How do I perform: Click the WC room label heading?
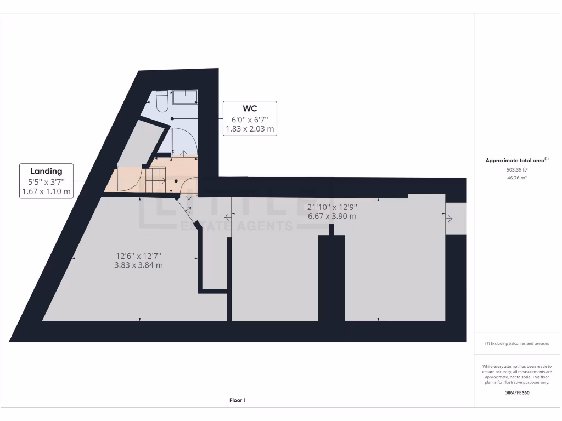250,109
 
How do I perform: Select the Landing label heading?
46,171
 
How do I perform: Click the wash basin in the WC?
186,97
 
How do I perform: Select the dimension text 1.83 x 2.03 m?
250,129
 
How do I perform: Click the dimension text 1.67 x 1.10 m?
46,191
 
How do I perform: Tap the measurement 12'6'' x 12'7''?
139,255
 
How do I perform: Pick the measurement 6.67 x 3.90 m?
332,216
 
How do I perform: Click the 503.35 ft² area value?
516,170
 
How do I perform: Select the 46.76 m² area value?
516,178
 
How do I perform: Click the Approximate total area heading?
516,161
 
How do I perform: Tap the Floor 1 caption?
238,400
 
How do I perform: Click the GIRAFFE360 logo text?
516,392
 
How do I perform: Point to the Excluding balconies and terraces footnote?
516,343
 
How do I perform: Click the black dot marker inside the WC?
172,118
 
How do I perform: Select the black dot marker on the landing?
176,181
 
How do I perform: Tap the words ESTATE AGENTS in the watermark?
237,226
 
